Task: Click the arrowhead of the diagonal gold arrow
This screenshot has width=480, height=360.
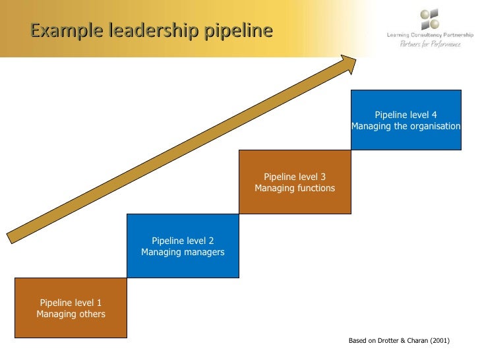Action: [347, 62]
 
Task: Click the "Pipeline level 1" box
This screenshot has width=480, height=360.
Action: [71, 308]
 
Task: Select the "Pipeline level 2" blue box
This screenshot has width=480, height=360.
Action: [183, 246]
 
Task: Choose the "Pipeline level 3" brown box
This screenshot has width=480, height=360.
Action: [295, 182]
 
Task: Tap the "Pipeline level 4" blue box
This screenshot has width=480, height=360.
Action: [405, 120]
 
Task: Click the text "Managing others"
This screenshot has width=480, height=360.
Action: [71, 314]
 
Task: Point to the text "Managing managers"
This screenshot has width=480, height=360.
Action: [183, 252]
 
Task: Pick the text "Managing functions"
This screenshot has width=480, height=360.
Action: [295, 188]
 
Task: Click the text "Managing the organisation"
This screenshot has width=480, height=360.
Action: [405, 126]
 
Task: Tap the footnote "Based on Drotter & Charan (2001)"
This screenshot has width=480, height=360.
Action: [398, 341]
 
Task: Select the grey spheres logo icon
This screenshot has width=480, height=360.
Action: [429, 18]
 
